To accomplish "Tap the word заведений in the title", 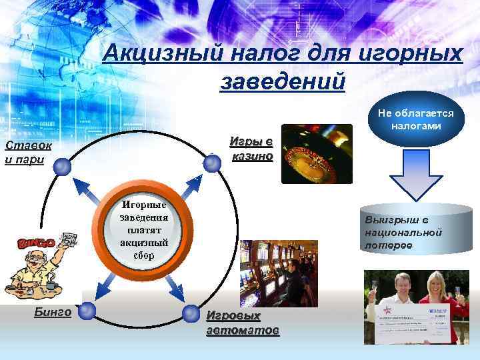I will click(282, 81).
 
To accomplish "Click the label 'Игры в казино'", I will click(251, 149).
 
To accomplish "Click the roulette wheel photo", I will click(316, 154).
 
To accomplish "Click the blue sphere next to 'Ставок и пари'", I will click(63, 167).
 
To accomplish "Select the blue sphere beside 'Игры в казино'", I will click(212, 163).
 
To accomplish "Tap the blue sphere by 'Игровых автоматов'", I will click(194, 313).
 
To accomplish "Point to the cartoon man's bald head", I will click(41, 256).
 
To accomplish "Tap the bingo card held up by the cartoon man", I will click(67, 241).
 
